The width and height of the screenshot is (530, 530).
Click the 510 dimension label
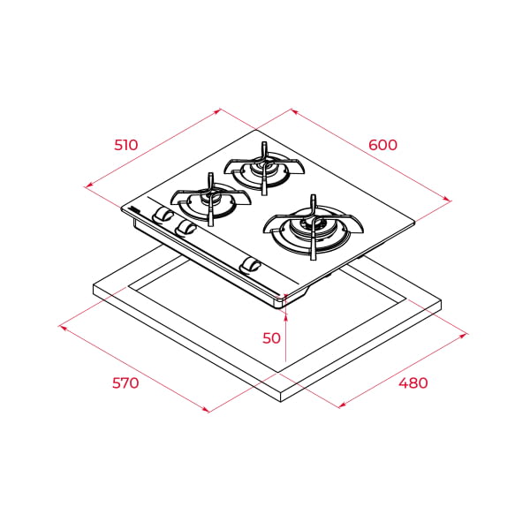[x=126, y=145]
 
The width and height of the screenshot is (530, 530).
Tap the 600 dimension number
[x=382, y=145]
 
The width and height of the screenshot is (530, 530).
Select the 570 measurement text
[x=126, y=383]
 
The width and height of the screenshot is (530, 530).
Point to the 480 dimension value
[x=413, y=383]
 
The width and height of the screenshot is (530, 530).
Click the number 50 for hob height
[x=271, y=337]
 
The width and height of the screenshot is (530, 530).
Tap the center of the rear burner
[x=263, y=165]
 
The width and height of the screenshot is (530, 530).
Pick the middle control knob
[x=185, y=228]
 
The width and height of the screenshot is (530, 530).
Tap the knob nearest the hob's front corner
[x=251, y=264]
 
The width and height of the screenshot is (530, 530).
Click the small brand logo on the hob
[x=133, y=209]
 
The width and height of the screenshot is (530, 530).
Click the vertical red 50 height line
[x=285, y=340]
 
